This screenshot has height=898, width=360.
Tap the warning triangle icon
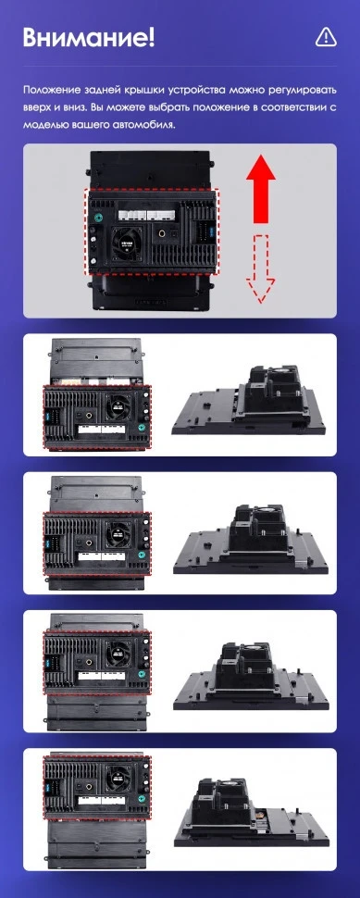click(x=325, y=36)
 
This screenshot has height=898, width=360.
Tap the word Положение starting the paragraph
click(x=54, y=91)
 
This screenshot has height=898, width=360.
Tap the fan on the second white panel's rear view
click(x=118, y=534)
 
